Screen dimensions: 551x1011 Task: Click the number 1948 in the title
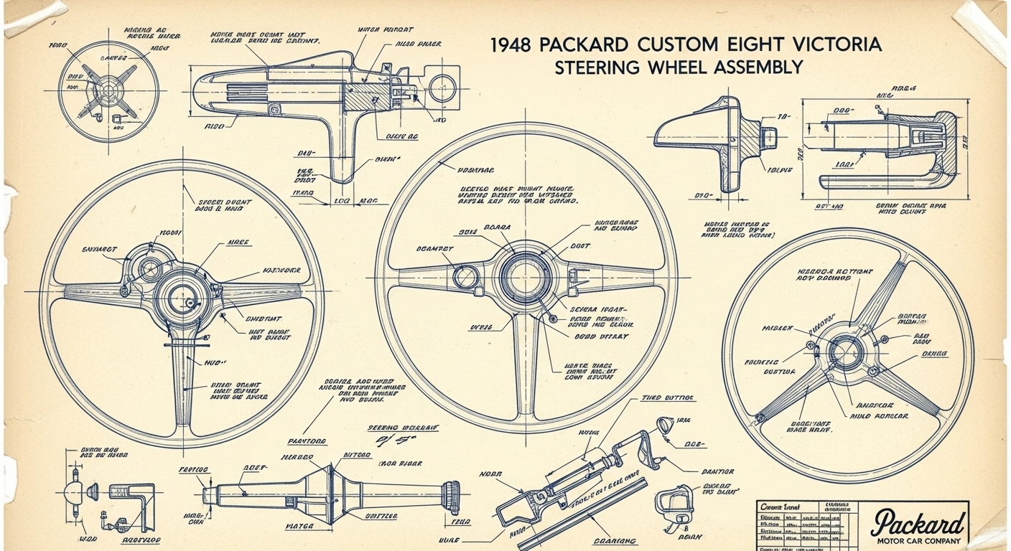click(511, 44)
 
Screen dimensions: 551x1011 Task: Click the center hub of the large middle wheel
click(526, 275)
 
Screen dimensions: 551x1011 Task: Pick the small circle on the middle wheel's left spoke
click(466, 275)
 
